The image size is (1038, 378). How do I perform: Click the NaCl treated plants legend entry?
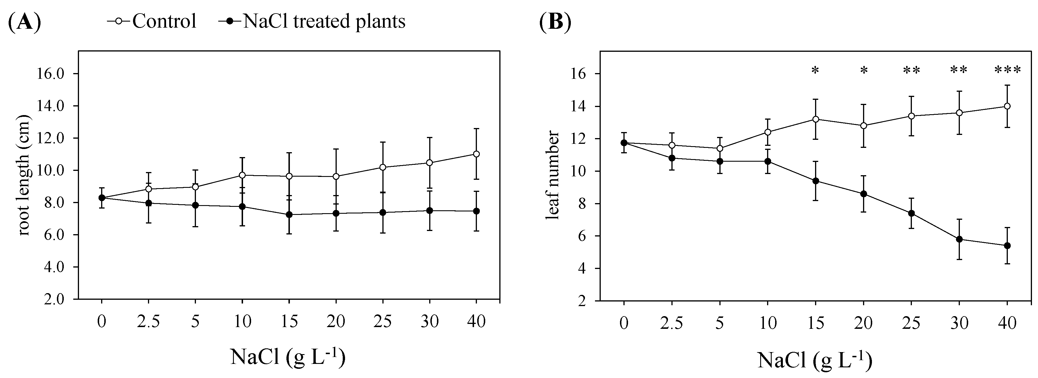312,21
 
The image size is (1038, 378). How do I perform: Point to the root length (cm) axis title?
24,175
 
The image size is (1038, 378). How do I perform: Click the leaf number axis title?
552,175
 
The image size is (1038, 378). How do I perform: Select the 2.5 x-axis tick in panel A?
148,322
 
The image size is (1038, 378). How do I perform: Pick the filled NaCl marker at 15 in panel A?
289,215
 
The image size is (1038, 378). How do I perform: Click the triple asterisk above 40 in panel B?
1007,70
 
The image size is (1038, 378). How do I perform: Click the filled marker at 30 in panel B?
960,239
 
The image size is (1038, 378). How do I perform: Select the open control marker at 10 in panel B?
768,132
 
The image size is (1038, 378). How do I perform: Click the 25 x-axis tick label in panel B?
912,323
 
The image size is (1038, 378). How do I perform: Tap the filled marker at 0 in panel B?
624,143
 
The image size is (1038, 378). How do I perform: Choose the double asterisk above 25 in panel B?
912,70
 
